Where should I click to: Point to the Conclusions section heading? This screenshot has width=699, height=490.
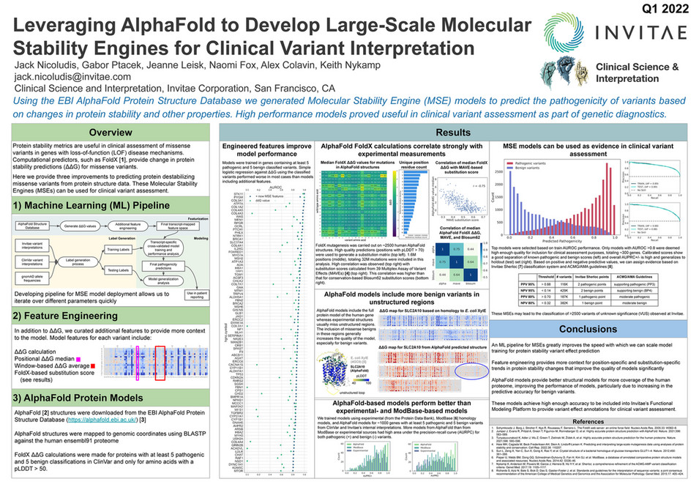583,328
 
